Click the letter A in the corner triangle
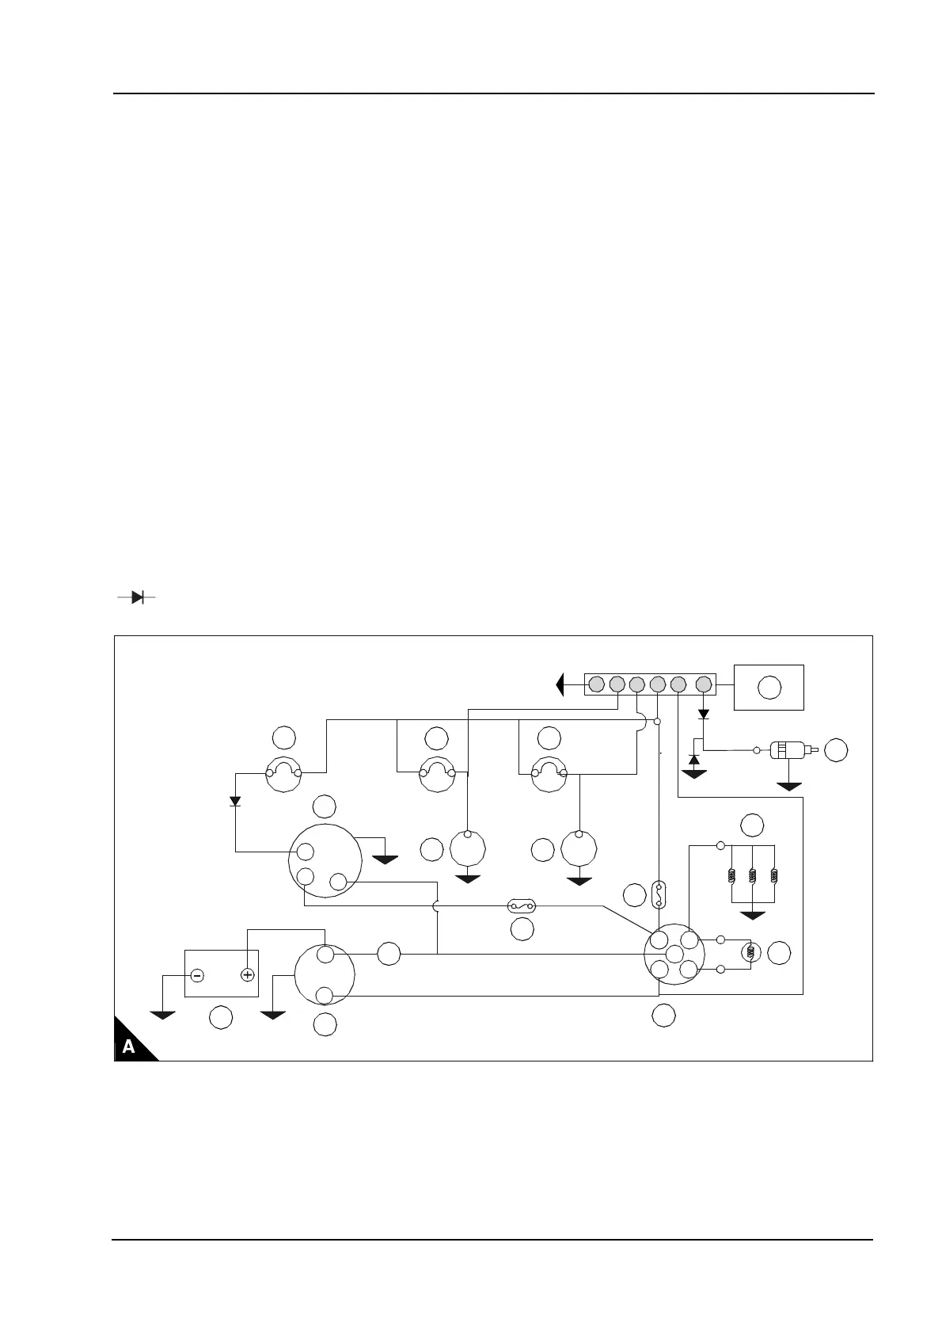pos(128,1046)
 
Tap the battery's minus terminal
pos(197,975)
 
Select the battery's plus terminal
pos(247,975)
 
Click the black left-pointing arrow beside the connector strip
pos(560,684)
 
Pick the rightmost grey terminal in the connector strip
pos(703,684)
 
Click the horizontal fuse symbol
pos(522,905)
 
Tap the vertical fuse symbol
pos(659,894)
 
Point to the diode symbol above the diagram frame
pos(136,597)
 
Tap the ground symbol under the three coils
pos(752,916)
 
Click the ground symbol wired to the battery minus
pos(162,1015)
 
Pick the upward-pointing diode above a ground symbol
pos(694,760)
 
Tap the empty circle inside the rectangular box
pos(769,687)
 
